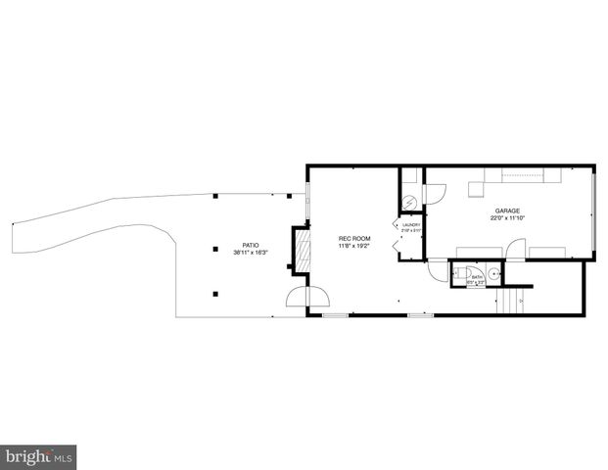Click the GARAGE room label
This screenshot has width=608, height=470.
point(506,210)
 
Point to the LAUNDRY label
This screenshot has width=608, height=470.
point(410,225)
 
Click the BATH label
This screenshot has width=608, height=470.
point(477,277)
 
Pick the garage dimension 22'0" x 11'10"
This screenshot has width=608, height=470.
point(506,218)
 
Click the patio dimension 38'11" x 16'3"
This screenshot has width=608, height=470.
point(251,254)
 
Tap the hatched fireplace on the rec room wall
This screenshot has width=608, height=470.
point(303,251)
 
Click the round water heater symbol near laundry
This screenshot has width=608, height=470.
point(411,202)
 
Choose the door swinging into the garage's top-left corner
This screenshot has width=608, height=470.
point(436,192)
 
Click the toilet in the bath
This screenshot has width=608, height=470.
point(463,273)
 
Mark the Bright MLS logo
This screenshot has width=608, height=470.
point(38,456)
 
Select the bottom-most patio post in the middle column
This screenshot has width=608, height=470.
point(215,292)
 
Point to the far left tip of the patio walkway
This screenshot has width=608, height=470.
point(11,224)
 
